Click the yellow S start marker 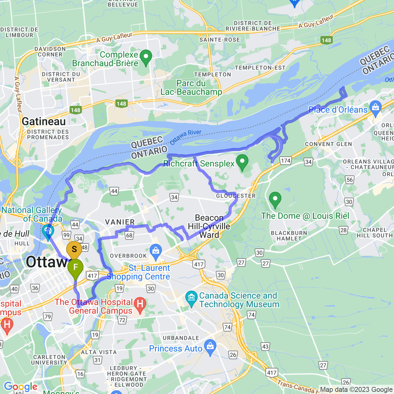point(74,249)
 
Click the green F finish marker point(75,267)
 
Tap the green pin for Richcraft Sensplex point(242,162)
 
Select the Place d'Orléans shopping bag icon point(375,108)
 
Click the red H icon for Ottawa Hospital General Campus point(140,304)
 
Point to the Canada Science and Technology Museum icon point(191,298)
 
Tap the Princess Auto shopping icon point(210,347)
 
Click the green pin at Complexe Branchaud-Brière point(146,57)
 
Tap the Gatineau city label point(44,122)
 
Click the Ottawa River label point(186,137)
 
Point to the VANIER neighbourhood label point(120,222)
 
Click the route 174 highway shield point(286,160)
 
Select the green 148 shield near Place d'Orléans point(326,40)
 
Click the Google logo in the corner point(21,387)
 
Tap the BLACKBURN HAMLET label point(289,236)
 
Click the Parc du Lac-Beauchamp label point(191,88)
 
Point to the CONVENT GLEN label point(328,144)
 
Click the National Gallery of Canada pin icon point(48,231)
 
